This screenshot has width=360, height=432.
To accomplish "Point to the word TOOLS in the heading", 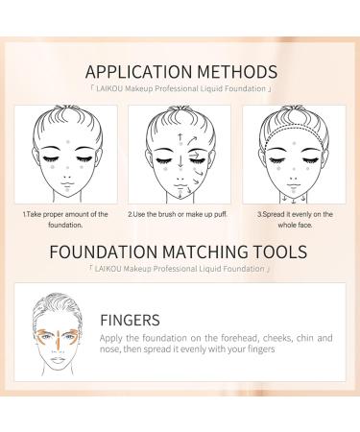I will pos(277,254).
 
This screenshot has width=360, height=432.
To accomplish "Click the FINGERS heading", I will pos(132,319).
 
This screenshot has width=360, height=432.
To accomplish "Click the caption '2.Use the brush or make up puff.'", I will pos(179,214).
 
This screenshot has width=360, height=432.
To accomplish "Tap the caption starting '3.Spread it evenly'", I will pos(295,219).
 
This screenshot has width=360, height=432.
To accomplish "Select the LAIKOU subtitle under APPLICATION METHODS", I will pos(180,87).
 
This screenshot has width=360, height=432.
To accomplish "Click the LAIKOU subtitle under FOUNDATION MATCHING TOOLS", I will pos(180,271).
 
